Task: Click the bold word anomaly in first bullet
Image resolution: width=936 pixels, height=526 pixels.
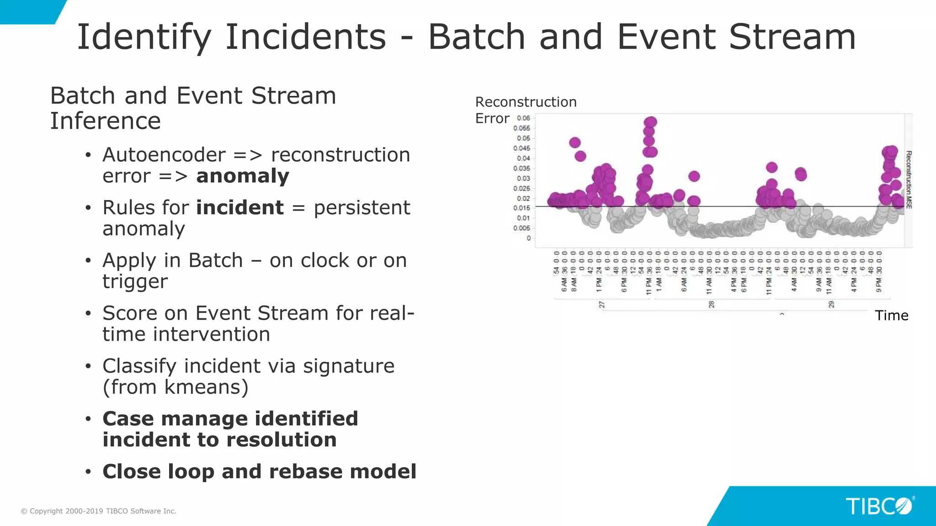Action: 242,176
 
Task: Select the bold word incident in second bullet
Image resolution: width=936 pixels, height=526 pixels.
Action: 239,208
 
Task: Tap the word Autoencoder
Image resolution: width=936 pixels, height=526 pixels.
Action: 164,155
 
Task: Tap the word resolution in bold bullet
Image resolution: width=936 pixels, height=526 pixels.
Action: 281,440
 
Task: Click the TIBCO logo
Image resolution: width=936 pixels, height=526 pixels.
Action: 879,506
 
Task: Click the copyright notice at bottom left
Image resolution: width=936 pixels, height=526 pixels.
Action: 98,511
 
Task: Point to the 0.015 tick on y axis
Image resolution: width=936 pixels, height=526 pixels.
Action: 521,208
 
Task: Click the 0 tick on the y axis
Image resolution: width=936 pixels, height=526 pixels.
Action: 528,238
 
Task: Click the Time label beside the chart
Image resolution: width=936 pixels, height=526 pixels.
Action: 891,316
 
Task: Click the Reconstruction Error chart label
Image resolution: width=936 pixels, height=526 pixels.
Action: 526,110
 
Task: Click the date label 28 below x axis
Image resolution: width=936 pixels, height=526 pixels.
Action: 711,305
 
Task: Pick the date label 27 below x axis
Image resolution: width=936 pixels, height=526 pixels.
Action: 601,305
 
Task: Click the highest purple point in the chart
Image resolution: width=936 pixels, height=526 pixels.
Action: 651,122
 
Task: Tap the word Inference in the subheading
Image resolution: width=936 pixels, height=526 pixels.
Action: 105,121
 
